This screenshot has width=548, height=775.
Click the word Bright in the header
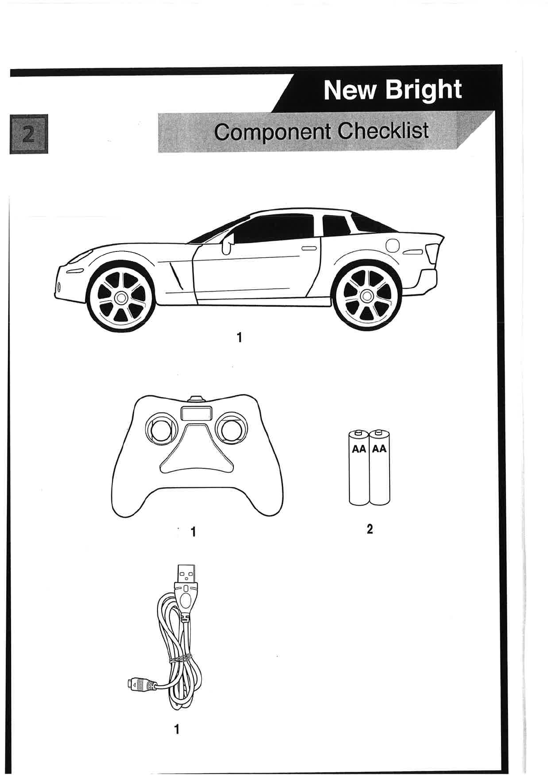tap(423, 90)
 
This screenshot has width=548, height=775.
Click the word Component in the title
tap(272, 132)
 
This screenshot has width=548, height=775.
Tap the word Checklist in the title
tap(383, 131)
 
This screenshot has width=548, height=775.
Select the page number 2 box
tap(29, 134)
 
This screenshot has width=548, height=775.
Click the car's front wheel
tap(121, 297)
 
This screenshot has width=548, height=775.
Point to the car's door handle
tap(309, 248)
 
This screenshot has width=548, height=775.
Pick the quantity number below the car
tap(239, 338)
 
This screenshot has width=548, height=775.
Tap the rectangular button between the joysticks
tap(196, 413)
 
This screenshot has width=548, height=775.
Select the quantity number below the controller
tap(193, 532)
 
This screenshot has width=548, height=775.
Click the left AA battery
tap(359, 467)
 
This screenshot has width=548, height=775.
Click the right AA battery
tap(379, 467)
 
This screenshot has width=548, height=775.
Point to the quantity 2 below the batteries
tap(369, 530)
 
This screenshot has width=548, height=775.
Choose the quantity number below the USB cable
tap(176, 729)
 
